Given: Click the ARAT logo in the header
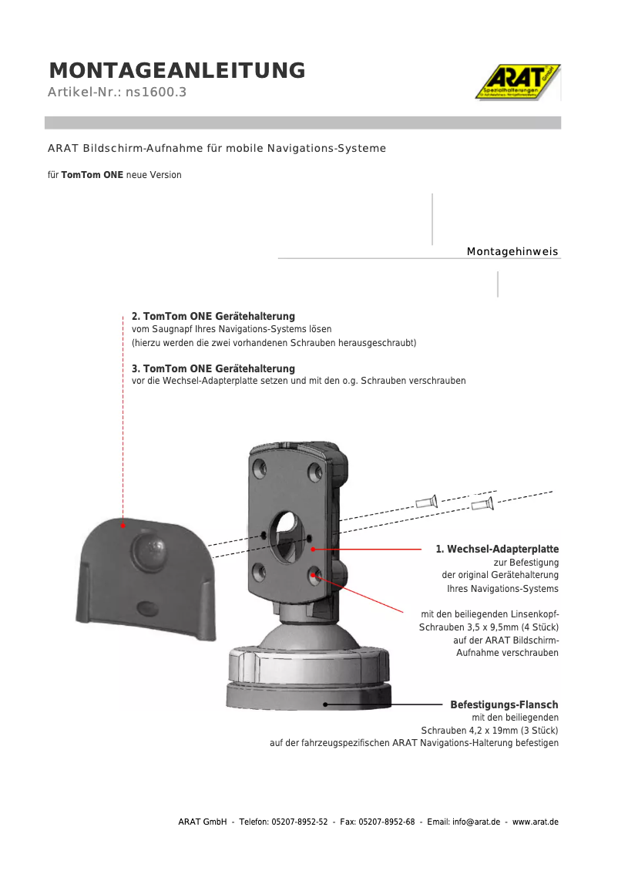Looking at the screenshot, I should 517,82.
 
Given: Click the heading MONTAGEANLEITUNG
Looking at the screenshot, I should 177,71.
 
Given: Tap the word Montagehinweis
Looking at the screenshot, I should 512,252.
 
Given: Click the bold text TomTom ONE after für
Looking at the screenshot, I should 92,175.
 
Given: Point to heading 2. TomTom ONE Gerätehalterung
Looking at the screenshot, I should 213,317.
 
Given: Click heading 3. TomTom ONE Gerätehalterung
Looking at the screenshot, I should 213,369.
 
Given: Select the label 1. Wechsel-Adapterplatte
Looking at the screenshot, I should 497,550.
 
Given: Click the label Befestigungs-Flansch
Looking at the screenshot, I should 504,705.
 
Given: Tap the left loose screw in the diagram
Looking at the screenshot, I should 426,502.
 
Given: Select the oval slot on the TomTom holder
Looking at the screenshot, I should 146,608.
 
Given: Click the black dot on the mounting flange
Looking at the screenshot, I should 326,704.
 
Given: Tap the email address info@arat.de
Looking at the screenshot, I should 475,822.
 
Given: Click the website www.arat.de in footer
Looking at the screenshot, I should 536,822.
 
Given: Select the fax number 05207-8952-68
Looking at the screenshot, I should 388,822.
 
